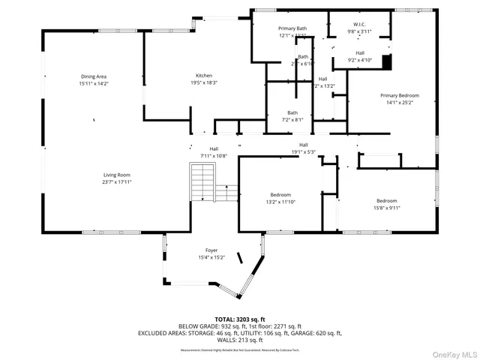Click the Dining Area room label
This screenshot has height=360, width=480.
[94, 76]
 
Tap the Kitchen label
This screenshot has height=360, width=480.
[204, 76]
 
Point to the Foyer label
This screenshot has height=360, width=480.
[211, 250]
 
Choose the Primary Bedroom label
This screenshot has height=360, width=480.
[399, 96]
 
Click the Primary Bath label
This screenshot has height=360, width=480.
[292, 28]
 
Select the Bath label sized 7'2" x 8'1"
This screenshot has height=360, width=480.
[292, 112]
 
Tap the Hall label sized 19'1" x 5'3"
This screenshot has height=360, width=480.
[303, 145]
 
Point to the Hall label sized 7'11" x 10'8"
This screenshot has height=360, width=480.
[214, 148]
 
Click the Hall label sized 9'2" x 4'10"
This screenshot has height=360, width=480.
[360, 52]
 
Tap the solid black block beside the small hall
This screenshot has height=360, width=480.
[387, 61]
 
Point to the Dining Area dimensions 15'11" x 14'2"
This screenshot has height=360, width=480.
[94, 84]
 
